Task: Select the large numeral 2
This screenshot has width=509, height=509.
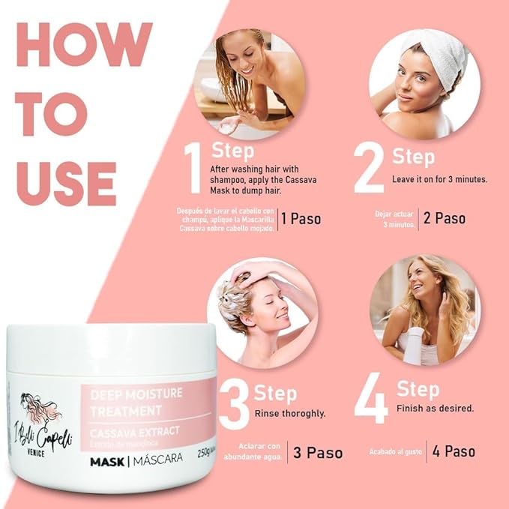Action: [369, 168]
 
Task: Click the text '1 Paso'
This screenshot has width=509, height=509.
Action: [301, 219]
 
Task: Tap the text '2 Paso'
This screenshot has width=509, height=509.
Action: [444, 218]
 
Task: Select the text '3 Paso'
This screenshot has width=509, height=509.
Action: [318, 453]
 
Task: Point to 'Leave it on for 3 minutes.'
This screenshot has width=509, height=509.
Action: [439, 180]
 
